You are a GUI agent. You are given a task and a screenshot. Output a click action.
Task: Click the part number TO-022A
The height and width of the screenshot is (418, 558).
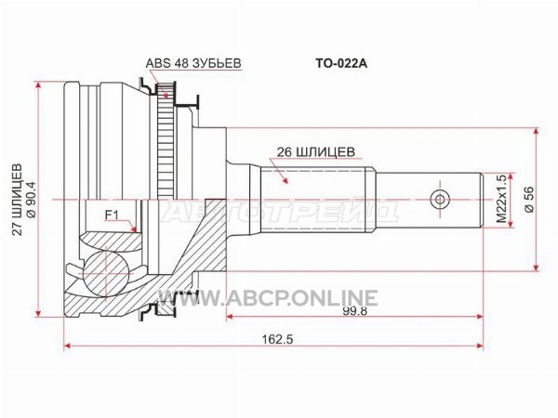341,63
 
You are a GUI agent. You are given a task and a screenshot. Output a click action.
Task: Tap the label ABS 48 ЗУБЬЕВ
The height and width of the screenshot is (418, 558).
193,63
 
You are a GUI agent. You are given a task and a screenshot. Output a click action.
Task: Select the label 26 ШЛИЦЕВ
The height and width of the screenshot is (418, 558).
316,151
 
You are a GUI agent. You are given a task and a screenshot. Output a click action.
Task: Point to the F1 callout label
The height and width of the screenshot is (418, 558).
112,215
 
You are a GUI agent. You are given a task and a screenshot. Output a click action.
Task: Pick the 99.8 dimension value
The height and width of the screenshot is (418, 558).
355,311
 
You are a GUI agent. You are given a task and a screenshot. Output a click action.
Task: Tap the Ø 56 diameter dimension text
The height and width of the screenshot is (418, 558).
530,200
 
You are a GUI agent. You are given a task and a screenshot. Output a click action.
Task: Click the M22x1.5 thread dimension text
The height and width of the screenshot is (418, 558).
501,199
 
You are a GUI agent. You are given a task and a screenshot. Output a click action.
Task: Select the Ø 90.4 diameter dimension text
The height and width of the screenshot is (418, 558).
31,200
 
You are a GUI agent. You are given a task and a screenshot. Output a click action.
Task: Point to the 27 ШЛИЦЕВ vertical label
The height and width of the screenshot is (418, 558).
17,200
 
